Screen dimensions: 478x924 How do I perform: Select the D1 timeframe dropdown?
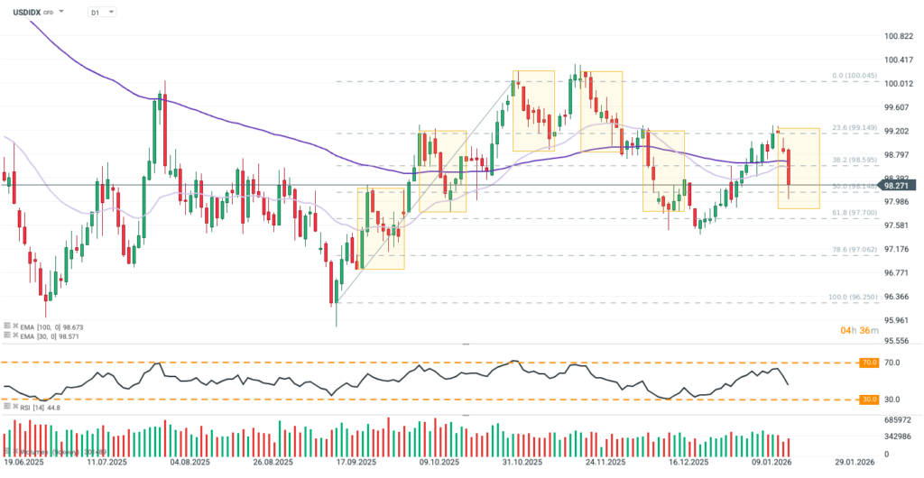[x=102, y=13]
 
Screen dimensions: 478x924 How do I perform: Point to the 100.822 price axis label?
[x=898, y=36]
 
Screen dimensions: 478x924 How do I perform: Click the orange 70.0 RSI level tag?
[x=869, y=363]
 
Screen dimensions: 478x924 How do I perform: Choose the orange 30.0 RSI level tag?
[x=869, y=399]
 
